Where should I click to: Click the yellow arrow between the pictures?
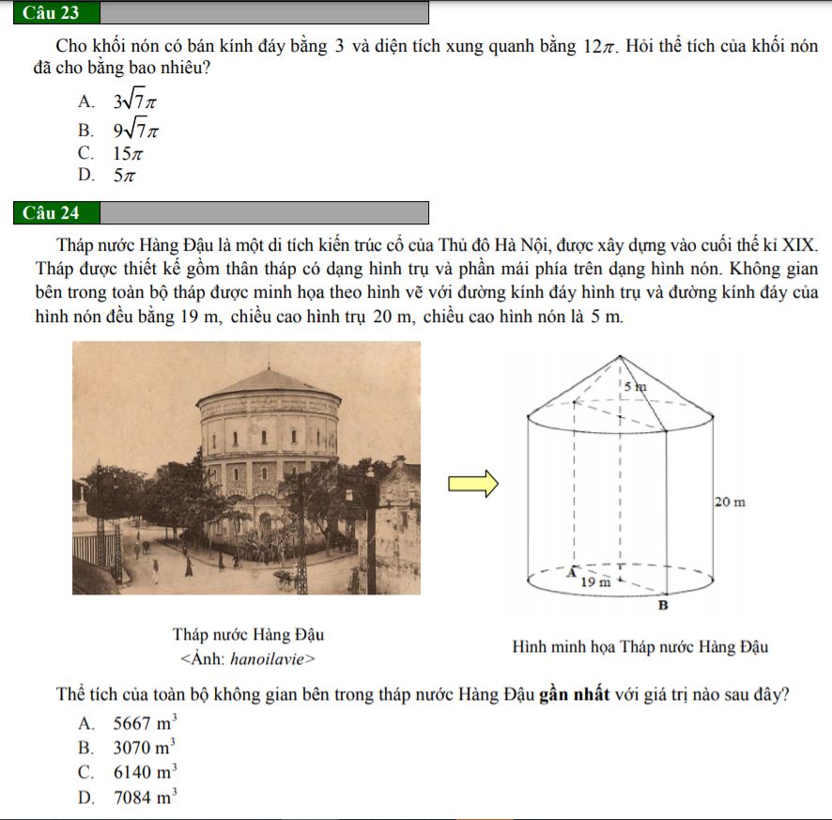click(x=472, y=484)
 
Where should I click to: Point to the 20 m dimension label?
click(x=730, y=503)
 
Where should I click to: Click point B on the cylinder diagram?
click(x=661, y=607)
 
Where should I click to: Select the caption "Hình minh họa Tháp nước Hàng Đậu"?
click(x=641, y=647)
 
